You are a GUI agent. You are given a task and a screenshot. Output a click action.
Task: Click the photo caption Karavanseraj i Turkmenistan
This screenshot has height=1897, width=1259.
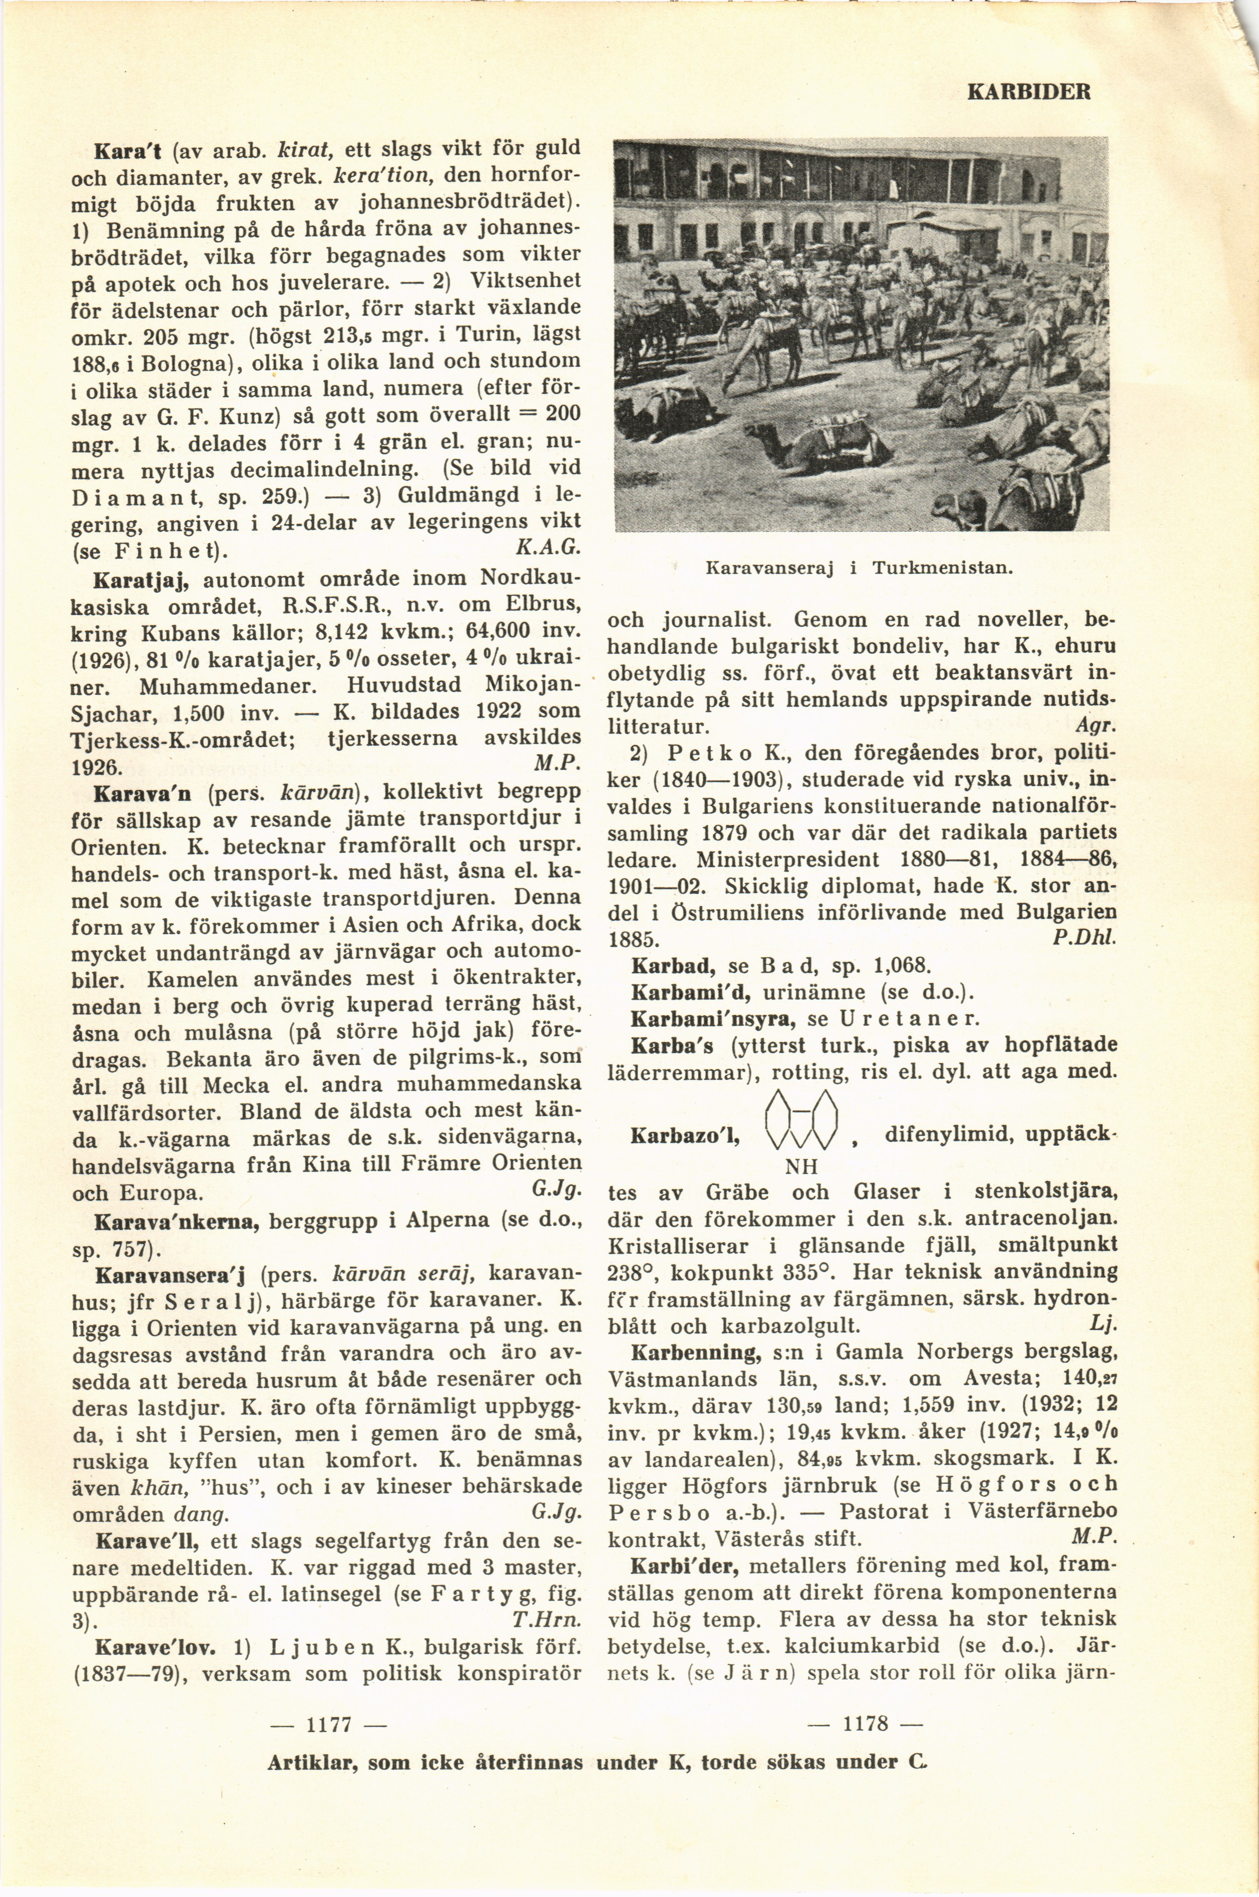coord(856,567)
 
